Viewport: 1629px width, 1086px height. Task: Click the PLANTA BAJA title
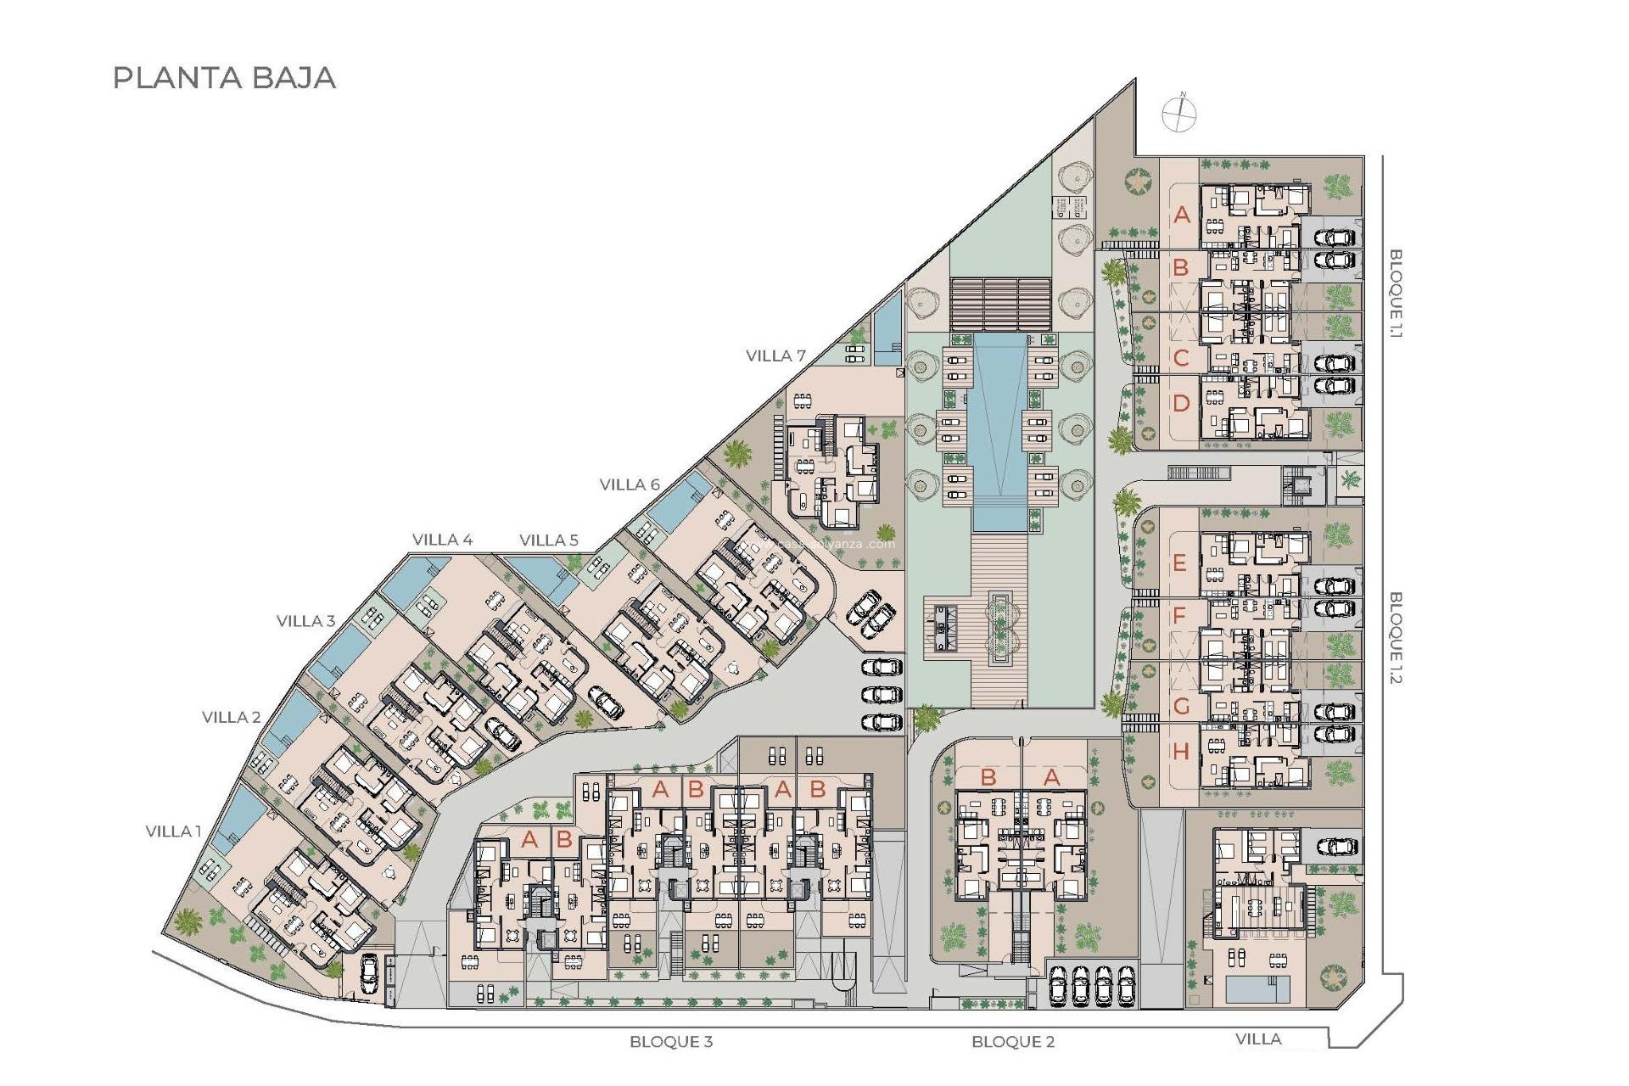coord(225,78)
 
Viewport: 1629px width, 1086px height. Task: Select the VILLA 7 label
coord(775,356)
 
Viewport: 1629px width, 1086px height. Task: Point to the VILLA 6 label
coord(630,484)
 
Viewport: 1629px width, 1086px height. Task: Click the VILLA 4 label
coord(442,540)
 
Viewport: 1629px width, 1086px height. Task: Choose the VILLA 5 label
coord(549,540)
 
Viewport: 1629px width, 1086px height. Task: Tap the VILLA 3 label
coord(305,621)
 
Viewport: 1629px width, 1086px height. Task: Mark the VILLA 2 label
coord(231,717)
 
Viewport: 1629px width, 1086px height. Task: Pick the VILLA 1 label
coord(173,831)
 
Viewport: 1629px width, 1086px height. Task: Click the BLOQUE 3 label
coord(671,1041)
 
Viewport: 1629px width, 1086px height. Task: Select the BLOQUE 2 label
coord(1013,1041)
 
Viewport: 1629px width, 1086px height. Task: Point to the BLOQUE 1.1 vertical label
coord(1396,294)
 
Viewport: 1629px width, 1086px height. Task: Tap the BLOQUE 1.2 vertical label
coord(1396,637)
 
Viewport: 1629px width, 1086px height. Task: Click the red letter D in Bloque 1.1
coord(1181,404)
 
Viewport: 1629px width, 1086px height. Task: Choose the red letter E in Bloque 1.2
coord(1179,563)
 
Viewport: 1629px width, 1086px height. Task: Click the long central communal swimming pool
coord(997,424)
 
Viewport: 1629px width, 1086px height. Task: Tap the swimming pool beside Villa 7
coord(887,322)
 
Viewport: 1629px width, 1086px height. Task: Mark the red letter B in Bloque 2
coord(988,776)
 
